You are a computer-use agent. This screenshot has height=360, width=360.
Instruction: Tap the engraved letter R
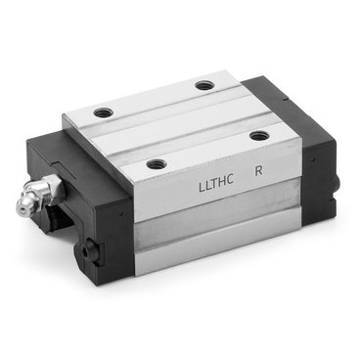258,171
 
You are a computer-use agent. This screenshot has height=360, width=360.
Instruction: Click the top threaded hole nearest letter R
259,135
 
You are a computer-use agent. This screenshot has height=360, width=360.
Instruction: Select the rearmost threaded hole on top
204,86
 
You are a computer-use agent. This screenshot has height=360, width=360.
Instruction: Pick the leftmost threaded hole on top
103,113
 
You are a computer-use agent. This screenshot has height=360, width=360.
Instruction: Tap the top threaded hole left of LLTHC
157,163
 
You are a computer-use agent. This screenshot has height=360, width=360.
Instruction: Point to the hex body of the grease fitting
52,187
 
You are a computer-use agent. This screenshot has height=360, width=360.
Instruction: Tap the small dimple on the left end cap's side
121,214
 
